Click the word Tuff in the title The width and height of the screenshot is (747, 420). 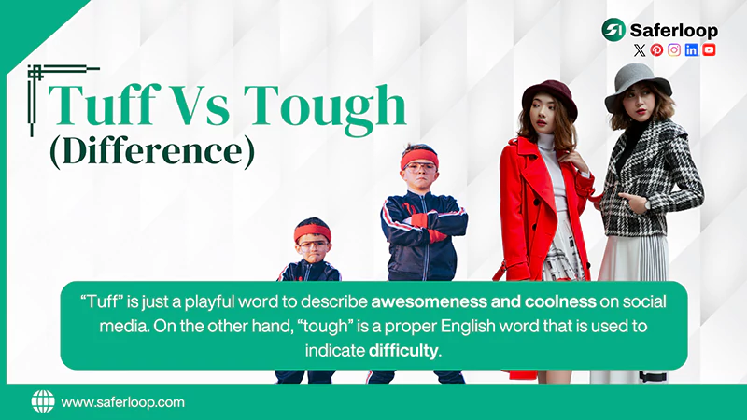104,105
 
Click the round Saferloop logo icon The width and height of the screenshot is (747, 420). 613,30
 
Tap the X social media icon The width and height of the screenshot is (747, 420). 640,50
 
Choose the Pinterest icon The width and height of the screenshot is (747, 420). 656,50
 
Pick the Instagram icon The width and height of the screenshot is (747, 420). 674,50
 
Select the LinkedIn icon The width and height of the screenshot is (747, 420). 692,50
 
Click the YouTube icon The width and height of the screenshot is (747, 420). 710,50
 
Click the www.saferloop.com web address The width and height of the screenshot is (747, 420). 122,402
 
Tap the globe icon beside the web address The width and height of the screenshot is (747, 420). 43,401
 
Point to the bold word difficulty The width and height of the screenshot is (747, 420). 403,351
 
